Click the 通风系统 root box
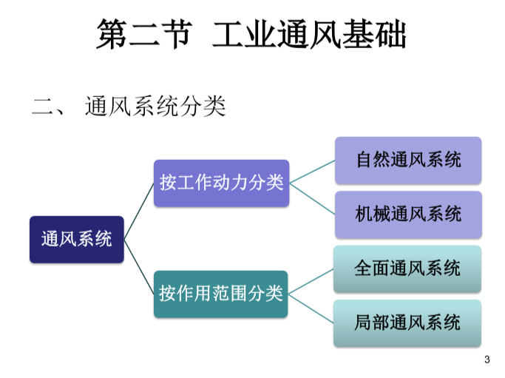point(76,239)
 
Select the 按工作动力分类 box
point(221,183)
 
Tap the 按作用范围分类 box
point(221,294)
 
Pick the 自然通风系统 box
point(408,160)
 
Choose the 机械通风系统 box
point(408,215)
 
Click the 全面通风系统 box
point(407,269)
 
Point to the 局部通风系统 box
point(407,323)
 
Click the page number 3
point(487,360)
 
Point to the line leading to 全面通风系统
point(311,281)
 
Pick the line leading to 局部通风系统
point(311,308)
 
